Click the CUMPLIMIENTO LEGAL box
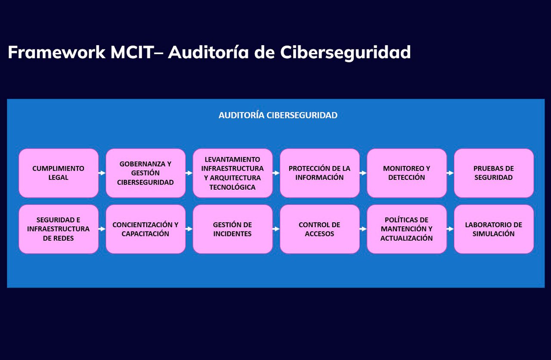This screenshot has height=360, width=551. pyautogui.click(x=59, y=173)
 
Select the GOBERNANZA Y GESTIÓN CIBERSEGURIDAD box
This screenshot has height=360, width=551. pyautogui.click(x=145, y=173)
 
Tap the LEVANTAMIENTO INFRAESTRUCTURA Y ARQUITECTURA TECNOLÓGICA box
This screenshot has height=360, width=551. pyautogui.click(x=233, y=173)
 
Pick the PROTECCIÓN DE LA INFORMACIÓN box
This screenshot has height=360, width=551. pyautogui.click(x=320, y=173)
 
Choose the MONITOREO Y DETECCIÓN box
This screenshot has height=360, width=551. pyautogui.click(x=407, y=173)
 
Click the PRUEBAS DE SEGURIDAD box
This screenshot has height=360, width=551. pyautogui.click(x=494, y=173)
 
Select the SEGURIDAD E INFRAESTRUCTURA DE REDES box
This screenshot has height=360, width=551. pyautogui.click(x=59, y=229)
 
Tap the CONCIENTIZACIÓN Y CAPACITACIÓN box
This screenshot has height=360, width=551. pyautogui.click(x=145, y=229)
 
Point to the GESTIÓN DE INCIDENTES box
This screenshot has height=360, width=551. pyautogui.click(x=233, y=229)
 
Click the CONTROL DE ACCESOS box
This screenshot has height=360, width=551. pyautogui.click(x=320, y=229)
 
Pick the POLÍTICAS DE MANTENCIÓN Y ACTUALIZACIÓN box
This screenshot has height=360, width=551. pyautogui.click(x=407, y=229)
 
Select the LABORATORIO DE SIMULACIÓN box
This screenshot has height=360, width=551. pyautogui.click(x=494, y=229)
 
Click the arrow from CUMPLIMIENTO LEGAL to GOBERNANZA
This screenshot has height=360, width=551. pyautogui.click(x=102, y=173)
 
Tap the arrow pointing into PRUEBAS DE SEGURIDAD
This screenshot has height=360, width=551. pyautogui.click(x=450, y=173)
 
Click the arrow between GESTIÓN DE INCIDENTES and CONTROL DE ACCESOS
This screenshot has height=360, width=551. pyautogui.click(x=276, y=229)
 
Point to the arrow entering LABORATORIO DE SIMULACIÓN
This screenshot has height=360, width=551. pyautogui.click(x=450, y=229)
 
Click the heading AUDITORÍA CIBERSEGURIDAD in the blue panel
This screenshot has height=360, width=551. pyautogui.click(x=278, y=115)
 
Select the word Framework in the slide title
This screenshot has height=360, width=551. pyautogui.click(x=56, y=52)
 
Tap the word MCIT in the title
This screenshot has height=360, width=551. pyautogui.click(x=132, y=52)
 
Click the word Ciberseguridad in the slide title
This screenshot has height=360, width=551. pyautogui.click(x=346, y=52)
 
